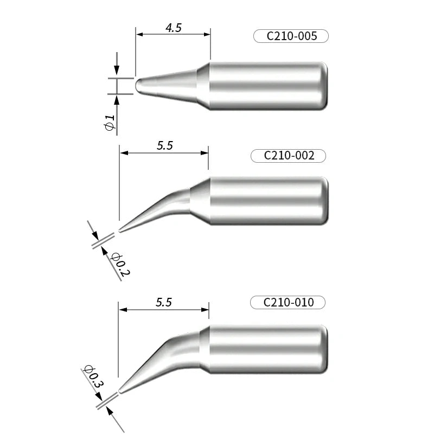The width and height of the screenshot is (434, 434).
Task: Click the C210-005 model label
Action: pos(291,36)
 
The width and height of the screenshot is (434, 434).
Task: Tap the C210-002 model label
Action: pos(289,156)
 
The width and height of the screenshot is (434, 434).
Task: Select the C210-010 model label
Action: pos(288,302)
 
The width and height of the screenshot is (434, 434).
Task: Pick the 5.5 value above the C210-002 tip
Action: pos(165,146)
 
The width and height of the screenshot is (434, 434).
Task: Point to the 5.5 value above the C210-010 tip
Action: pos(163,303)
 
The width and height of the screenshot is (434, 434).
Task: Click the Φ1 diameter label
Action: pos(110,123)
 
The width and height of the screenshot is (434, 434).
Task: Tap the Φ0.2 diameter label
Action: pos(119,264)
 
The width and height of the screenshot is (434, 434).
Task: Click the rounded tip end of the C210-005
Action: pos(137,86)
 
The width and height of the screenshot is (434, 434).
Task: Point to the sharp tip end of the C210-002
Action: pos(120,231)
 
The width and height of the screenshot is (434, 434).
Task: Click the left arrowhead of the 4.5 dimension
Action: pos(139,34)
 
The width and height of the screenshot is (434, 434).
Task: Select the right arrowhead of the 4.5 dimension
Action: pos(207,34)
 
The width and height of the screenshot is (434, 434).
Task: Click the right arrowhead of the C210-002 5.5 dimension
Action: pos(205,153)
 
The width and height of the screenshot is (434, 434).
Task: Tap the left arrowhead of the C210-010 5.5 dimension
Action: pos(123,310)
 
